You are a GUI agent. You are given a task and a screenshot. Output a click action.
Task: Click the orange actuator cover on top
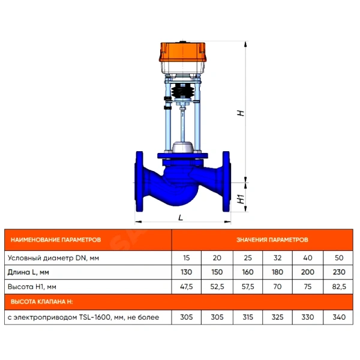182,52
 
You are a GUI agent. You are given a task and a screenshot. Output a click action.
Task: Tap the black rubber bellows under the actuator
182,91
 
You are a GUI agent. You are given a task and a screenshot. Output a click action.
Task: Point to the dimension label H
241,113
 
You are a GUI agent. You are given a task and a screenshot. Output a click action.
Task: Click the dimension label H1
241,199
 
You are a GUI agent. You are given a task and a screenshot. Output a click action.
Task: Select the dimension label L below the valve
181,217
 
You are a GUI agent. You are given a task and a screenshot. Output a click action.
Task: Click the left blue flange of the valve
139,181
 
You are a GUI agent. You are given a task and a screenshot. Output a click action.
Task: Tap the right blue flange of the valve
226,181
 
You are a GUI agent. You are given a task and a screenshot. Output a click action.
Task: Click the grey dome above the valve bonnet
182,147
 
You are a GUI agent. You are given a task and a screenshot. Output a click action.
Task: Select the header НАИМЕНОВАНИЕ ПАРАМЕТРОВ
56,240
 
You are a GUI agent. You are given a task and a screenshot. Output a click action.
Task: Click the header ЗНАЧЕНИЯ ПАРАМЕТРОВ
272,240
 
